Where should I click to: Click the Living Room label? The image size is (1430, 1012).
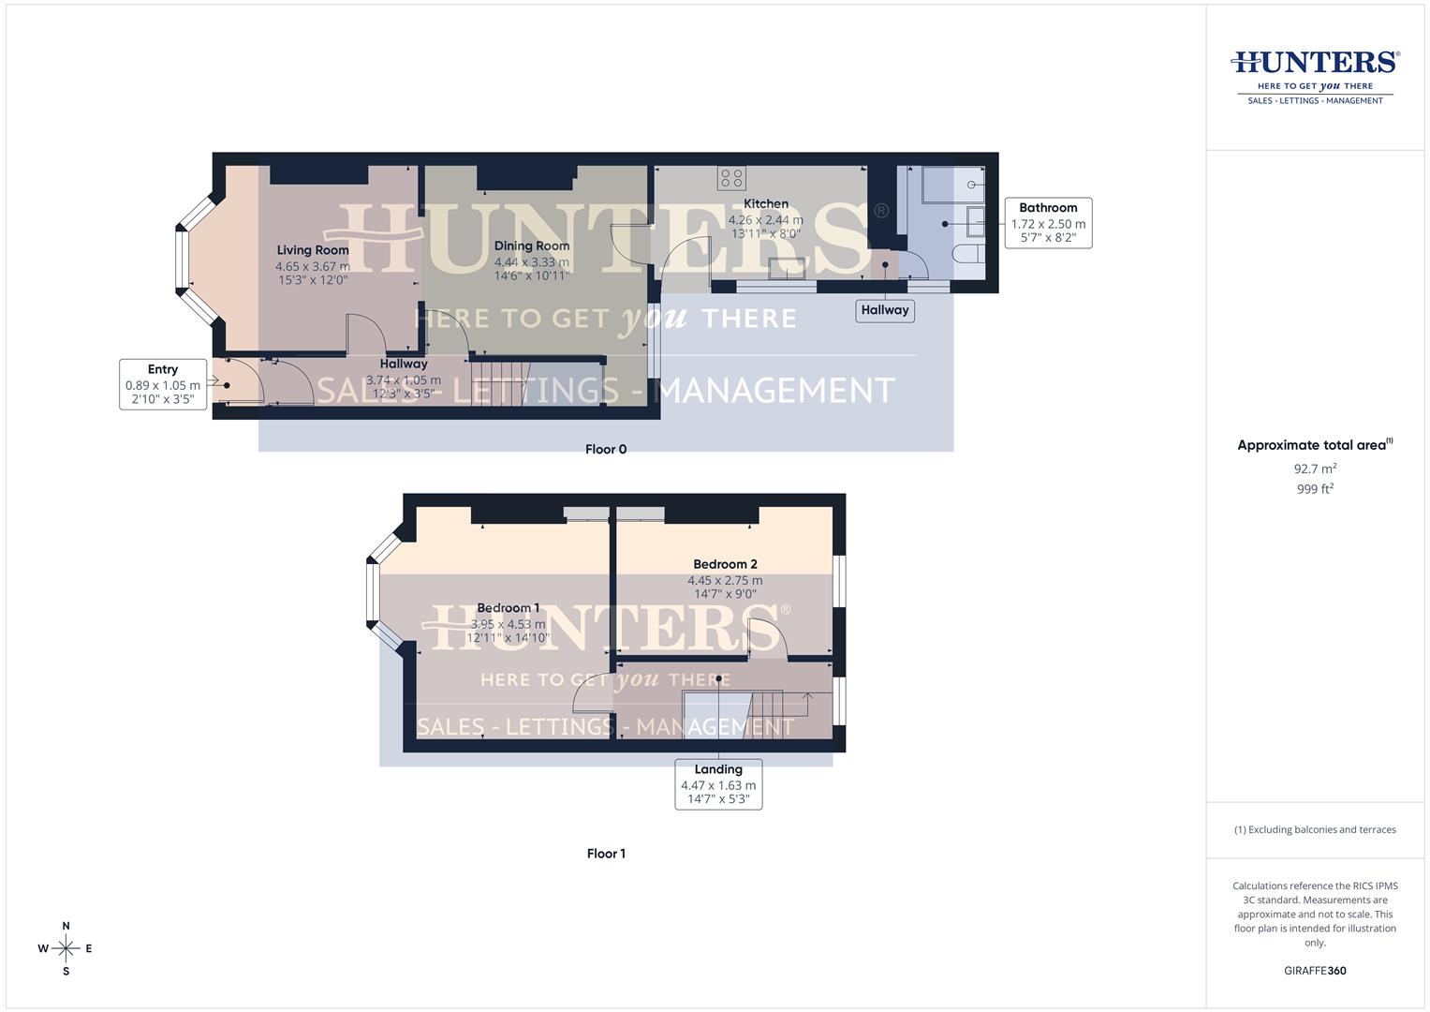[x=313, y=250]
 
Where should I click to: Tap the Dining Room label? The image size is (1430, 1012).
[x=532, y=246]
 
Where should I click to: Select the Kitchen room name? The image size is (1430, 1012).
[x=766, y=203]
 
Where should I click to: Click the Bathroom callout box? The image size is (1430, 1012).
[x=1048, y=223]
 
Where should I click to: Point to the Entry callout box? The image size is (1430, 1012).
[x=163, y=384]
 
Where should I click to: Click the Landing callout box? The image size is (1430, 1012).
[x=718, y=784]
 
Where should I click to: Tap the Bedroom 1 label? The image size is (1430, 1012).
[x=509, y=608]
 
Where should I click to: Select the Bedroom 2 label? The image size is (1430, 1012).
[x=725, y=564]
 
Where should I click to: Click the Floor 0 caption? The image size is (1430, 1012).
[x=606, y=449]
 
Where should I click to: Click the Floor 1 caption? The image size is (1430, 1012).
[x=606, y=854]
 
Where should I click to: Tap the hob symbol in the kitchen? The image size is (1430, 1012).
[x=732, y=177]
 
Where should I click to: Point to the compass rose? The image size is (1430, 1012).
[x=66, y=948]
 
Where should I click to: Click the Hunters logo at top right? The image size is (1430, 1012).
[x=1315, y=75]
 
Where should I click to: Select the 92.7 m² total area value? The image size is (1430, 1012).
[x=1315, y=469]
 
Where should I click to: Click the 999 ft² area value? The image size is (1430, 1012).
[x=1315, y=489]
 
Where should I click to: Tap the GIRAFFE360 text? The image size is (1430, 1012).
[x=1315, y=971]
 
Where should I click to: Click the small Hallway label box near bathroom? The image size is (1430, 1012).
[x=885, y=310]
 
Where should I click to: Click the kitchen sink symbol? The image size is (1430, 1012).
[x=787, y=269]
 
